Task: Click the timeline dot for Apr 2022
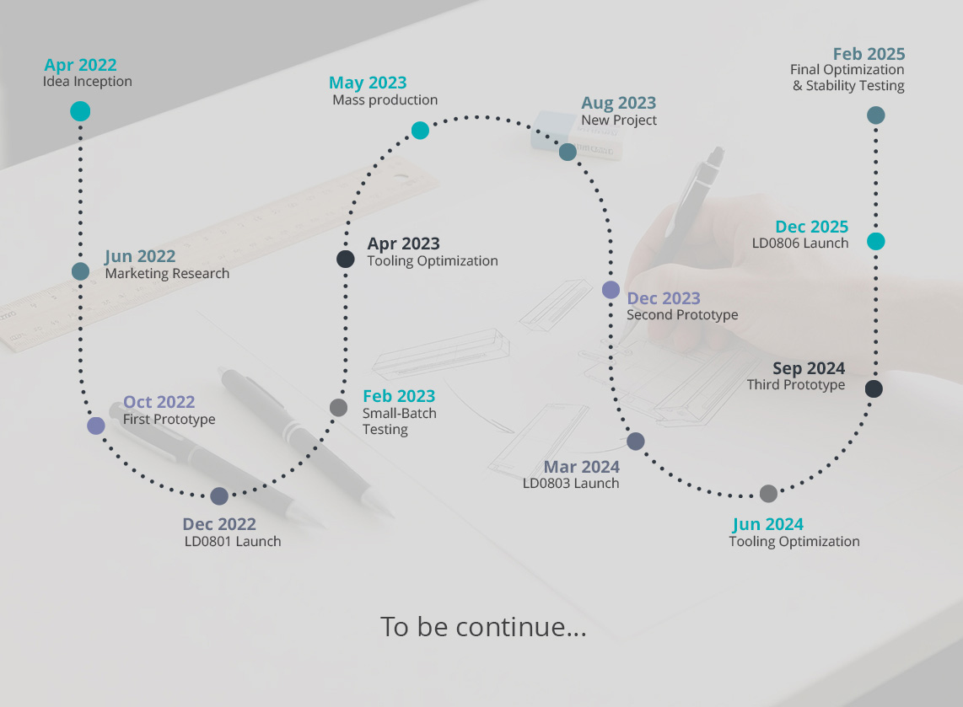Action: coord(80,112)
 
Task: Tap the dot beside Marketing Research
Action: coord(80,271)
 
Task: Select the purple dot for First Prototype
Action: coord(96,426)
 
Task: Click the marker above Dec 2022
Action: coord(219,495)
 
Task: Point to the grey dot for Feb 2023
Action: coord(338,408)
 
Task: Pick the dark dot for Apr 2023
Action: coord(345,259)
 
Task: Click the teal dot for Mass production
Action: coord(420,130)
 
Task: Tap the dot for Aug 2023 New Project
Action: coord(568,152)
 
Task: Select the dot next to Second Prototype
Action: coord(611,290)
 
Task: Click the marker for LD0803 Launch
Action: coord(636,441)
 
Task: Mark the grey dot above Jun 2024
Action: coord(768,493)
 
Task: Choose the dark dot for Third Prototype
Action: coord(874,388)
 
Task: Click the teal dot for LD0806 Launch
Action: coord(876,241)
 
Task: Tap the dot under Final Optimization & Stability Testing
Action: coord(876,115)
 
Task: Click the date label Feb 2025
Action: coord(869,54)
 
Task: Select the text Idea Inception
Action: coord(87,82)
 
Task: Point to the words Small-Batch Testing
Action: coord(399,421)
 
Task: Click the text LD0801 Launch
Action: coord(233,541)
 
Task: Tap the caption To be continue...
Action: coord(483,627)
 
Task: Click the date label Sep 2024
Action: coord(808,368)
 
